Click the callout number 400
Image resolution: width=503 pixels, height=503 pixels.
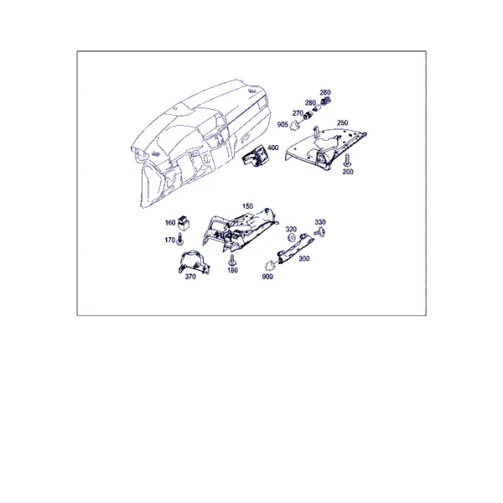pyautogui.click(x=272, y=148)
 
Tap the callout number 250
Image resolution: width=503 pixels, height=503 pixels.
pyautogui.click(x=342, y=122)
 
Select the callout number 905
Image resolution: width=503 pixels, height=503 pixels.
pyautogui.click(x=283, y=124)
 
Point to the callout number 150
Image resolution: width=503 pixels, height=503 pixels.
pyautogui.click(x=247, y=206)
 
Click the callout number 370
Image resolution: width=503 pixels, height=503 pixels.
pyautogui.click(x=190, y=277)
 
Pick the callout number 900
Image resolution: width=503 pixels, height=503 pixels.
pyautogui.click(x=267, y=277)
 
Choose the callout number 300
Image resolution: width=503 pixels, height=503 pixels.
pyautogui.click(x=303, y=258)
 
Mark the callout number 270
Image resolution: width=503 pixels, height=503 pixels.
pyautogui.click(x=298, y=113)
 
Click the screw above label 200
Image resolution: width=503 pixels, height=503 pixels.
pyautogui.click(x=347, y=160)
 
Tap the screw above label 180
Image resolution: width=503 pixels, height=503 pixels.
pyautogui.click(x=231, y=260)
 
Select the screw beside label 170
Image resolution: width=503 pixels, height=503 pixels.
pyautogui.click(x=179, y=239)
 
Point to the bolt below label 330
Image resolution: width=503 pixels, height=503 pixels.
pyautogui.click(x=320, y=231)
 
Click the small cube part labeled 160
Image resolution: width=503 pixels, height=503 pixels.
pyautogui.click(x=183, y=223)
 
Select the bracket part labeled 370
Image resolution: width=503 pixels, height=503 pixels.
pyautogui.click(x=194, y=262)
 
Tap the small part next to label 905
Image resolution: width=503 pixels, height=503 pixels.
pyautogui.click(x=294, y=126)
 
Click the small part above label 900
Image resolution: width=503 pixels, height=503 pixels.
pyautogui.click(x=269, y=265)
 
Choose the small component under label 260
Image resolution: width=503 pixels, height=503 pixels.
pyautogui.click(x=326, y=101)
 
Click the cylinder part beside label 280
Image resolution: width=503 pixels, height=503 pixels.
pyautogui.click(x=316, y=108)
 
